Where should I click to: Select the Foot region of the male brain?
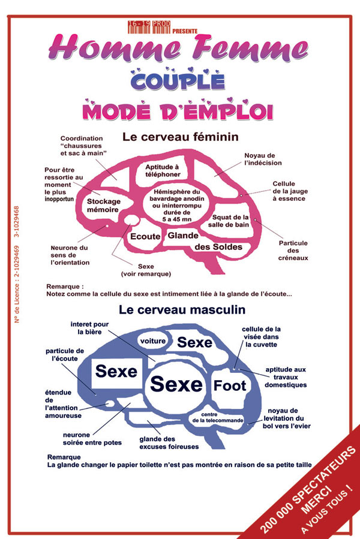point(230,385)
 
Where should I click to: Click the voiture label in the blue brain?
point(152,341)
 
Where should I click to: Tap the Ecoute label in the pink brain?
point(145,236)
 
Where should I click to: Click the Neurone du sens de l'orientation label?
point(70,255)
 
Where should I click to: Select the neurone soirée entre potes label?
point(92,438)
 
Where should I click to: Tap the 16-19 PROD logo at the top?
point(149,26)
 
